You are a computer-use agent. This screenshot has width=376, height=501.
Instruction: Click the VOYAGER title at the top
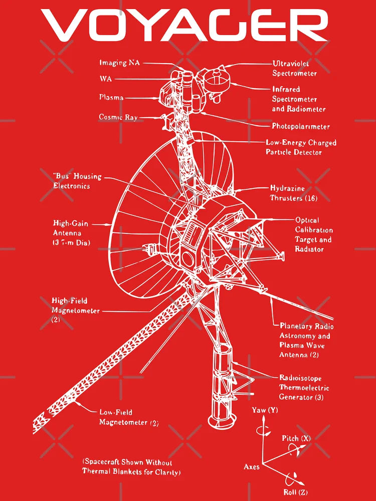[x=185, y=25]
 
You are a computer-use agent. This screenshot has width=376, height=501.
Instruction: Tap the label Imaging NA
[x=120, y=63]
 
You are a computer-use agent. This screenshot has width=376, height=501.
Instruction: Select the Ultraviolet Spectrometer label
[x=294, y=68]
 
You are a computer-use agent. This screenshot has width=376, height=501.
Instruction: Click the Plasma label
[x=111, y=97]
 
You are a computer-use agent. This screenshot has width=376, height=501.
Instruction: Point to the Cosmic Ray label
[x=118, y=117]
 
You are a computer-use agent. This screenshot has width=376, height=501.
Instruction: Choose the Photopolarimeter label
[x=301, y=126]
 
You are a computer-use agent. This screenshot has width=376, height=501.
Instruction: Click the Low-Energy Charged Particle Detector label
[x=301, y=147]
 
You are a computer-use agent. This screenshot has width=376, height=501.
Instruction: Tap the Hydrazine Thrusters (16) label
[x=294, y=193]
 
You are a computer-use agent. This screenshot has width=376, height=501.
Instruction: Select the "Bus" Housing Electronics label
[x=77, y=181]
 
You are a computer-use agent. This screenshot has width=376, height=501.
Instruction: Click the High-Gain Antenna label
[x=72, y=233]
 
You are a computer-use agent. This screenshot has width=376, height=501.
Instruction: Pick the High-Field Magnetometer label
[x=76, y=310]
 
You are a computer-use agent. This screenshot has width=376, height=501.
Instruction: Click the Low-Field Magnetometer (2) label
[x=129, y=417]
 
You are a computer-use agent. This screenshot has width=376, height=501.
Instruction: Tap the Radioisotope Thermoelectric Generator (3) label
[x=304, y=388]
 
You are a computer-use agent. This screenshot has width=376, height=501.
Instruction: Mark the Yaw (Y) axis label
[x=265, y=410]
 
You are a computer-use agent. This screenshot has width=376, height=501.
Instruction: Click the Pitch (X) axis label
[x=296, y=438]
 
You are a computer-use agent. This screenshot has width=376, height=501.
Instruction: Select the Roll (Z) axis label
[x=295, y=492]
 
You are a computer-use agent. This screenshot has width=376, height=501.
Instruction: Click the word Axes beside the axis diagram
[x=252, y=467]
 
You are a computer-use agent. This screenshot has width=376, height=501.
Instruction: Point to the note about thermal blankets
[x=131, y=467]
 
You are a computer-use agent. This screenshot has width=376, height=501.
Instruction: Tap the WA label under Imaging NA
[x=105, y=79]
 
